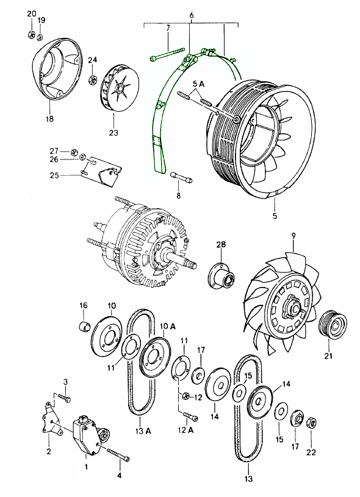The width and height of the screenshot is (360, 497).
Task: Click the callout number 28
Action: pos(221,245)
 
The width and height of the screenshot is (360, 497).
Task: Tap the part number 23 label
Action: pos(113,132)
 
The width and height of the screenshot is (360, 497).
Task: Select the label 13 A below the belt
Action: pos(143,431)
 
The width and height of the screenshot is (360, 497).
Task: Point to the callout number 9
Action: pos(293,236)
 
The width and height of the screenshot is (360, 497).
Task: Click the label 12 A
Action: pos(186,430)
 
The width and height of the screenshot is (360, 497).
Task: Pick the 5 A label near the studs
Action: pos(198,84)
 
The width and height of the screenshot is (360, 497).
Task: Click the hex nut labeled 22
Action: pos(311,423)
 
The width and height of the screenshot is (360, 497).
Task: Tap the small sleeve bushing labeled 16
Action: pos(84,326)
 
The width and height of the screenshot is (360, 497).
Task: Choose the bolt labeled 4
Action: pos(119,454)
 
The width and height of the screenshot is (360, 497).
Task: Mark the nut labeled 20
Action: pos(31,34)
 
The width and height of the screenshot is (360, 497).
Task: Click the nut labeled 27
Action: pos(74,152)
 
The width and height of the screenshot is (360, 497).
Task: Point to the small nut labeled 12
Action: pos(186,396)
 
